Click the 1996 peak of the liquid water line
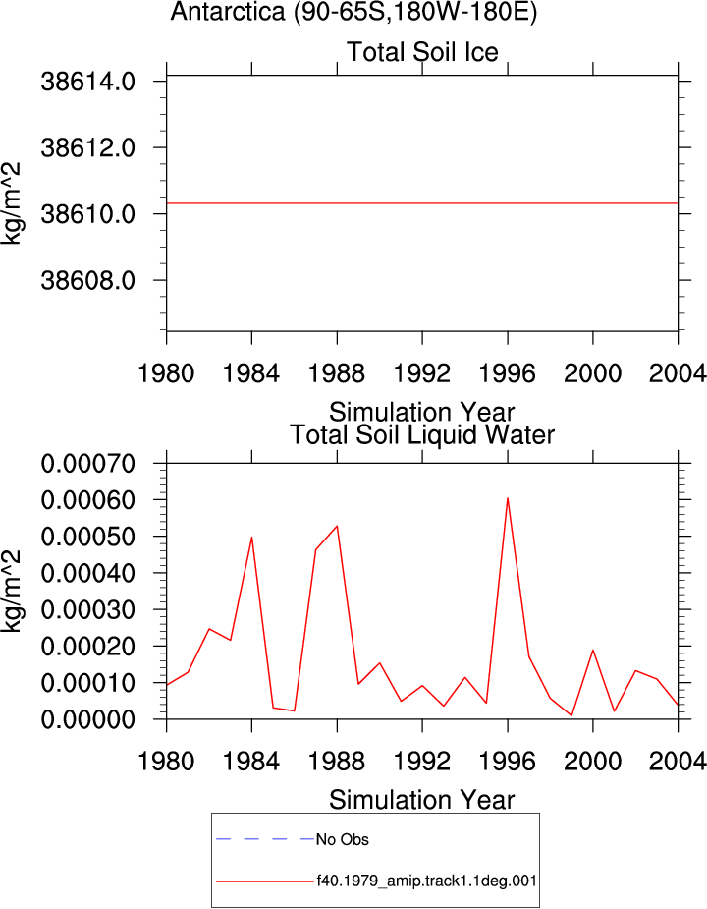point(508,498)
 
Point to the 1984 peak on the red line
point(251,538)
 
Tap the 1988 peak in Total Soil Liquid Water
point(337,527)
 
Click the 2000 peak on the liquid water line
point(593,651)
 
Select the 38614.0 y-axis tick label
point(88,82)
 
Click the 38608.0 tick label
point(88,281)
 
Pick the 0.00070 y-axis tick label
point(88,464)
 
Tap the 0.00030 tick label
point(88,610)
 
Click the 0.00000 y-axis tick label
point(88,719)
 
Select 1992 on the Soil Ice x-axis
point(422,373)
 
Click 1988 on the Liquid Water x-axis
point(337,762)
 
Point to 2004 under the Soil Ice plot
point(678,373)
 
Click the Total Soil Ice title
point(422,52)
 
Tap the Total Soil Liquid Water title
point(422,434)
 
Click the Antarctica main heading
point(353,12)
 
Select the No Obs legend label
point(342,839)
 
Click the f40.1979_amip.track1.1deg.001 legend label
point(426,881)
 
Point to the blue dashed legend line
point(265,839)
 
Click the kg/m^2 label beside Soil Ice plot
point(11,202)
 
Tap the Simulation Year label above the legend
point(422,800)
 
